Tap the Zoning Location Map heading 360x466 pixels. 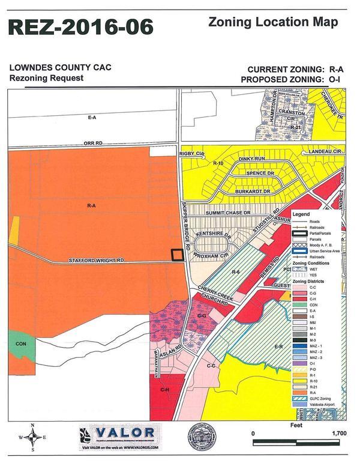pos(273,23)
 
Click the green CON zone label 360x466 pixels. pos(20,345)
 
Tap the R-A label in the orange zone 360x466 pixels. pos(92,206)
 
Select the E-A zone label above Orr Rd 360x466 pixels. pos(92,118)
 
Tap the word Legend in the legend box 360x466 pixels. pos(301,214)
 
